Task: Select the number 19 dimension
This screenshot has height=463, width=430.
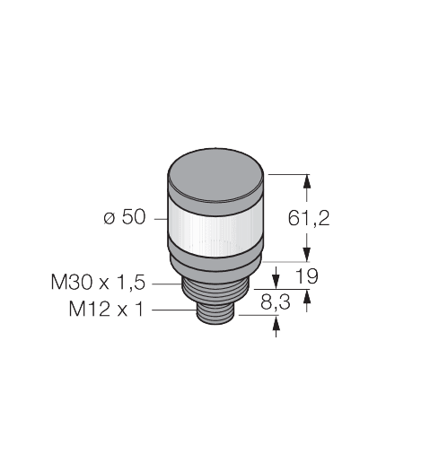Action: tap(306, 277)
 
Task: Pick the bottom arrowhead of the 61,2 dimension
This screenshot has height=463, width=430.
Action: tap(309, 254)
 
